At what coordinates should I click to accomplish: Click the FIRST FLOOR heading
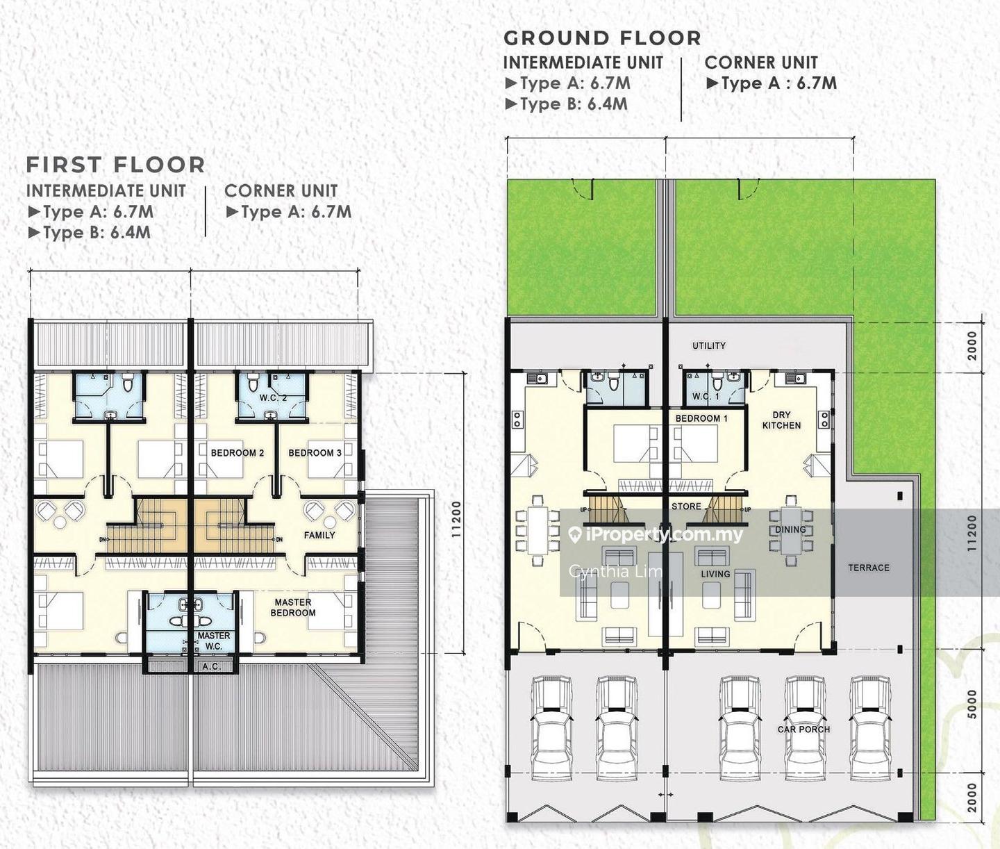click(116, 165)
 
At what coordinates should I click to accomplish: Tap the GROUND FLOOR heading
click(602, 38)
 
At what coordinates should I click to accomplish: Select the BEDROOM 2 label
click(237, 453)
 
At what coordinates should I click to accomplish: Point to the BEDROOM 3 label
click(315, 453)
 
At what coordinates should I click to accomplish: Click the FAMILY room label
click(319, 535)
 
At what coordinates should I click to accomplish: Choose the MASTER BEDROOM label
click(293, 607)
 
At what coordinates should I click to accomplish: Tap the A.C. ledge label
click(211, 666)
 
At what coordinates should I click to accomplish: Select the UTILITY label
click(709, 345)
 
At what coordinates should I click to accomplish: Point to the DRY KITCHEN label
click(781, 420)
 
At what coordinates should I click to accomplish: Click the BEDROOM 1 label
click(701, 418)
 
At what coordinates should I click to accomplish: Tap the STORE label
click(686, 506)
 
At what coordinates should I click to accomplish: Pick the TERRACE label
click(869, 568)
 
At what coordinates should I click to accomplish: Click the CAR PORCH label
click(803, 729)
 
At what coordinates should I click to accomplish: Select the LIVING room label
click(715, 574)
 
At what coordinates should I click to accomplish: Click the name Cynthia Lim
click(615, 572)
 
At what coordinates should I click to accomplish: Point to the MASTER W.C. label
click(214, 641)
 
